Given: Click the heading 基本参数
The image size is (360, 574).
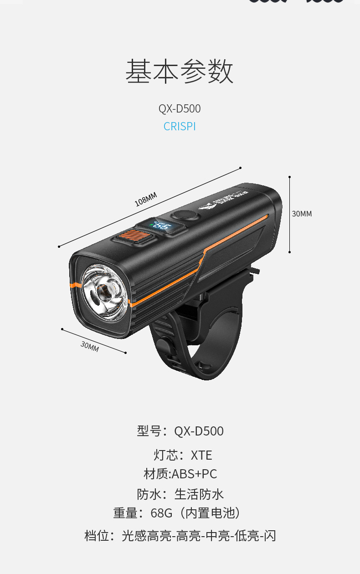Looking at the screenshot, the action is [x=180, y=72].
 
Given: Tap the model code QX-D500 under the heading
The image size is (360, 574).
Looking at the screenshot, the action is [x=180, y=109].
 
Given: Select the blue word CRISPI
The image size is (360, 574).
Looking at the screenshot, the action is [x=180, y=127].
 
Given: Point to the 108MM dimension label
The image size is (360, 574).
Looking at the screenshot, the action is [x=145, y=200].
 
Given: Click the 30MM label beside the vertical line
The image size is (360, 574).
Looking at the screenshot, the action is [x=302, y=214].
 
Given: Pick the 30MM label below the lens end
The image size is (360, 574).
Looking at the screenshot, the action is [x=90, y=346].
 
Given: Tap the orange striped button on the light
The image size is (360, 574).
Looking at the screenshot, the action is [x=134, y=237].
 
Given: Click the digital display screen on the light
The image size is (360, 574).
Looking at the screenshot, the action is [x=163, y=226].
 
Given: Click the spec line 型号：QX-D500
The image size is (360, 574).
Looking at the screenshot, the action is [x=180, y=431].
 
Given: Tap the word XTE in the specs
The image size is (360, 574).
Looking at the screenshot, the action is [x=201, y=455].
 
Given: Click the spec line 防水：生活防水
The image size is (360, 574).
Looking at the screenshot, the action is [x=180, y=494].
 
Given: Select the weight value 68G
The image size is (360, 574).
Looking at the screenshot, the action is [x=162, y=513].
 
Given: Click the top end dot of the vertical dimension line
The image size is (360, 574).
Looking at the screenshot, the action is [x=290, y=177].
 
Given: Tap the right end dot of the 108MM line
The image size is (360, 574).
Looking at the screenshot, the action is [x=241, y=168].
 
